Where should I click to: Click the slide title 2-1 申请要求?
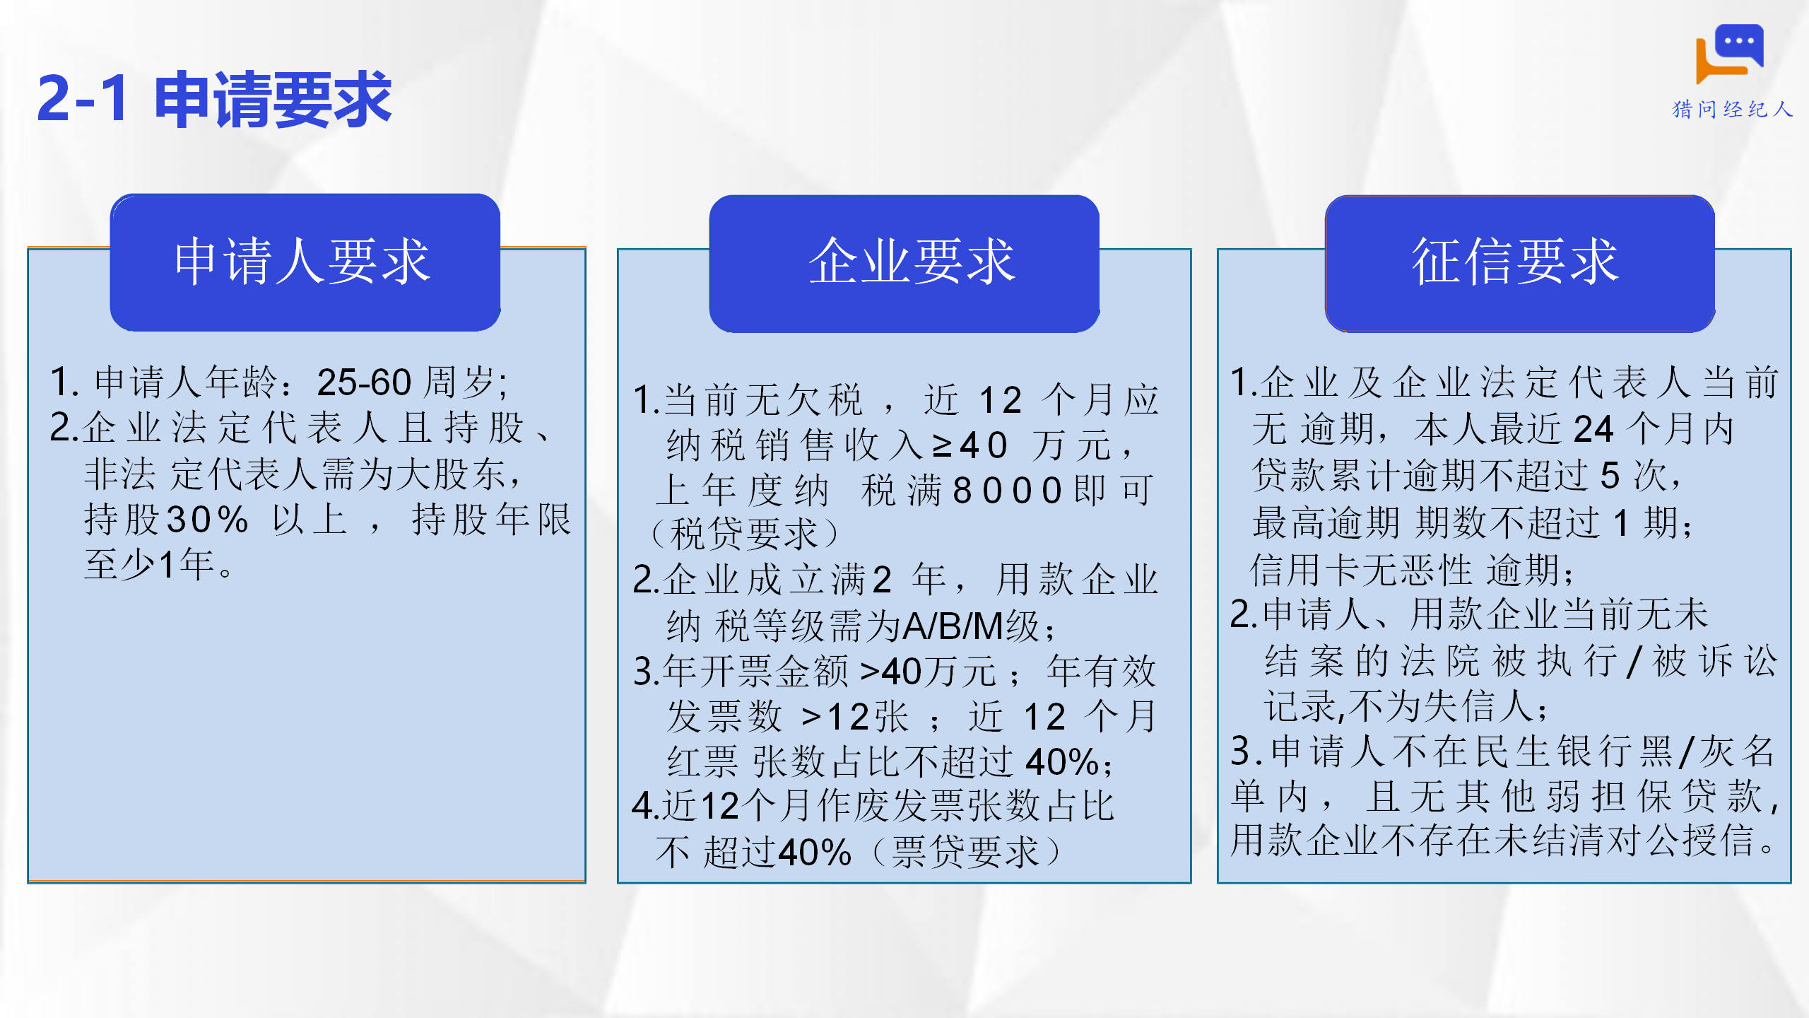(x=214, y=99)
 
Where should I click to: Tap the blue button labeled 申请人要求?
(x=305, y=262)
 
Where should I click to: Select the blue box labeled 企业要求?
(x=904, y=263)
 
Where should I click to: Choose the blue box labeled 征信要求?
(x=1520, y=263)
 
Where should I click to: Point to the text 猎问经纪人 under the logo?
(x=1733, y=110)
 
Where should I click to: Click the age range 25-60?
(x=364, y=382)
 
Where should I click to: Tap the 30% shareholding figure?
(x=206, y=520)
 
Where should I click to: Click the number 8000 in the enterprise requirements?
(x=1008, y=490)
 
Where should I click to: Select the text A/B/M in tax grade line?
(x=954, y=626)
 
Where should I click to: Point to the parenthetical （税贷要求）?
(x=744, y=534)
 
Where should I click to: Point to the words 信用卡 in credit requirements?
(x=1306, y=570)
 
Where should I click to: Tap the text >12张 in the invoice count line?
(x=854, y=717)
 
